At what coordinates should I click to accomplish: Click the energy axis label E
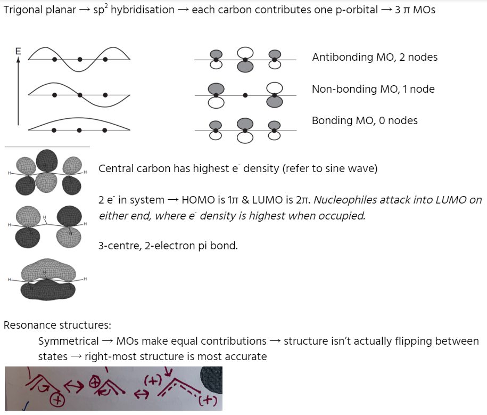click(18, 51)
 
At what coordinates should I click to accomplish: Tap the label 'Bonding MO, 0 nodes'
click(365, 121)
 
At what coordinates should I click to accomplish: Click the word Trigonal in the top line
click(22, 10)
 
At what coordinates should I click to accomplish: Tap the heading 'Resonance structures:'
click(57, 325)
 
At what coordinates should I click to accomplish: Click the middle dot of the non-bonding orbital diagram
click(245, 95)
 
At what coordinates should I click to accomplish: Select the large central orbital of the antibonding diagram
click(245, 59)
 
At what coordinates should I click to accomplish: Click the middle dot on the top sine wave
click(80, 60)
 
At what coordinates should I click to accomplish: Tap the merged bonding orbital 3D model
click(47, 279)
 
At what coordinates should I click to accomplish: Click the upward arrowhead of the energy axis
click(18, 60)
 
